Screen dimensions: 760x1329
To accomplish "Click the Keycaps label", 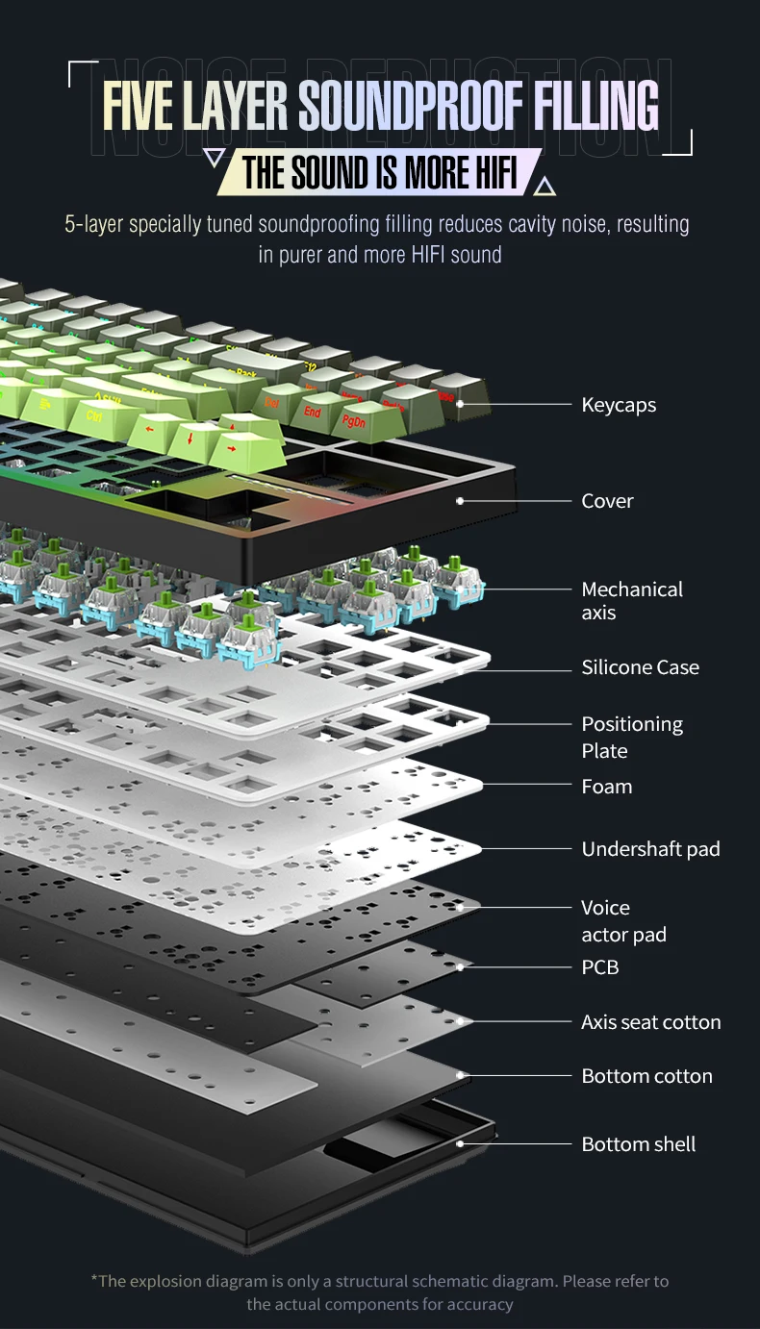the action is pyautogui.click(x=619, y=405).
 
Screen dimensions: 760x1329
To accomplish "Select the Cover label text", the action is pyautogui.click(x=607, y=501).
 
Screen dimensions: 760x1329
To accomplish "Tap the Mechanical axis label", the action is pyautogui.click(x=631, y=601).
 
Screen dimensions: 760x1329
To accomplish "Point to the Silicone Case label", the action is pyautogui.click(x=640, y=667).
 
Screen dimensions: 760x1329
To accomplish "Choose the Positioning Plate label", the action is pyautogui.click(x=631, y=737).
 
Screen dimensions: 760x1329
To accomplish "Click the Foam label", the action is pyautogui.click(x=606, y=787).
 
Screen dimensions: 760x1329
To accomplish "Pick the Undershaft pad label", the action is pyautogui.click(x=650, y=849).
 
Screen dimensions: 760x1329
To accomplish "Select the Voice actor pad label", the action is pyautogui.click(x=623, y=921).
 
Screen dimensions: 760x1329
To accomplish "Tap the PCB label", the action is pyautogui.click(x=599, y=967).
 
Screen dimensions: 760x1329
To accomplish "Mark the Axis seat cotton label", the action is pyautogui.click(x=650, y=1022).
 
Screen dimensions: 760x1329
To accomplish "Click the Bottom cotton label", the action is pyautogui.click(x=646, y=1076).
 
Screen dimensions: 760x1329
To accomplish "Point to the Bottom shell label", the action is pyautogui.click(x=638, y=1144).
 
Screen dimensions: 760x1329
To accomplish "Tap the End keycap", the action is pyautogui.click(x=313, y=413).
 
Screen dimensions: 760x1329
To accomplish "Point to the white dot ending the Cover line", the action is pyautogui.click(x=460, y=501).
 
